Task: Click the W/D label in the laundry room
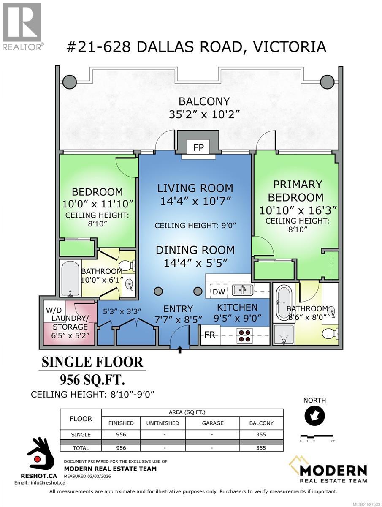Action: click(54, 310)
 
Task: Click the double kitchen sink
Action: click(242, 290)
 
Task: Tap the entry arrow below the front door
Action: click(180, 350)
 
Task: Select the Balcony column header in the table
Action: click(261, 423)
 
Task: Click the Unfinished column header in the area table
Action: click(163, 423)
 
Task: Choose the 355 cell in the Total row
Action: click(261, 447)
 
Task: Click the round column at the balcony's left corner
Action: click(69, 81)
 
